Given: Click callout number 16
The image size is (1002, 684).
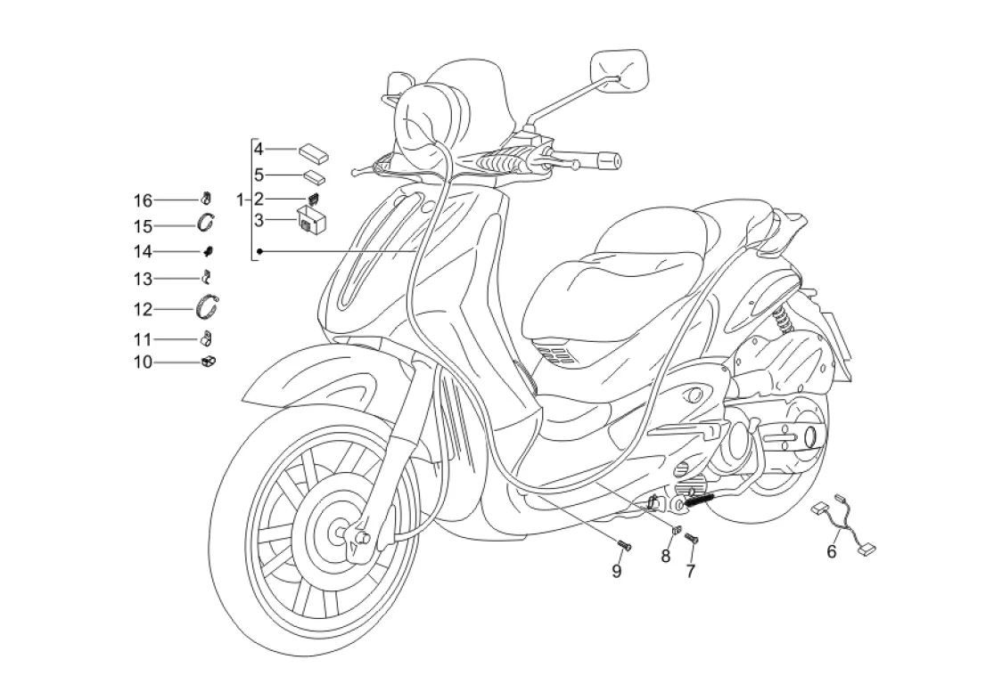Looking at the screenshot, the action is point(144,199).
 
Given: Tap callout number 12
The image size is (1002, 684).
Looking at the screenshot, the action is point(144,309).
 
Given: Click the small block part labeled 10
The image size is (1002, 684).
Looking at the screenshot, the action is point(209,361).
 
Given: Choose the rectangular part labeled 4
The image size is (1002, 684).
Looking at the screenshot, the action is point(314,151).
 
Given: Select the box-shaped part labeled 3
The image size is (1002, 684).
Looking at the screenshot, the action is point(310,218).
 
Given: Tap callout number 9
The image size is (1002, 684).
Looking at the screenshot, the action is point(616,572).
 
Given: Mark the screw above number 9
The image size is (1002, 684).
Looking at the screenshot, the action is point(622,545).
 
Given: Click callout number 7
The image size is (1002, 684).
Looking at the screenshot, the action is point(690,572).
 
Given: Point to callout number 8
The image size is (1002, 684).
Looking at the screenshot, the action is point(666,557).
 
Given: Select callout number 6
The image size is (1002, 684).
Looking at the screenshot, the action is point(832,551).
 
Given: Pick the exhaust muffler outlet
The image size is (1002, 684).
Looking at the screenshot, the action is point(811,439).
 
